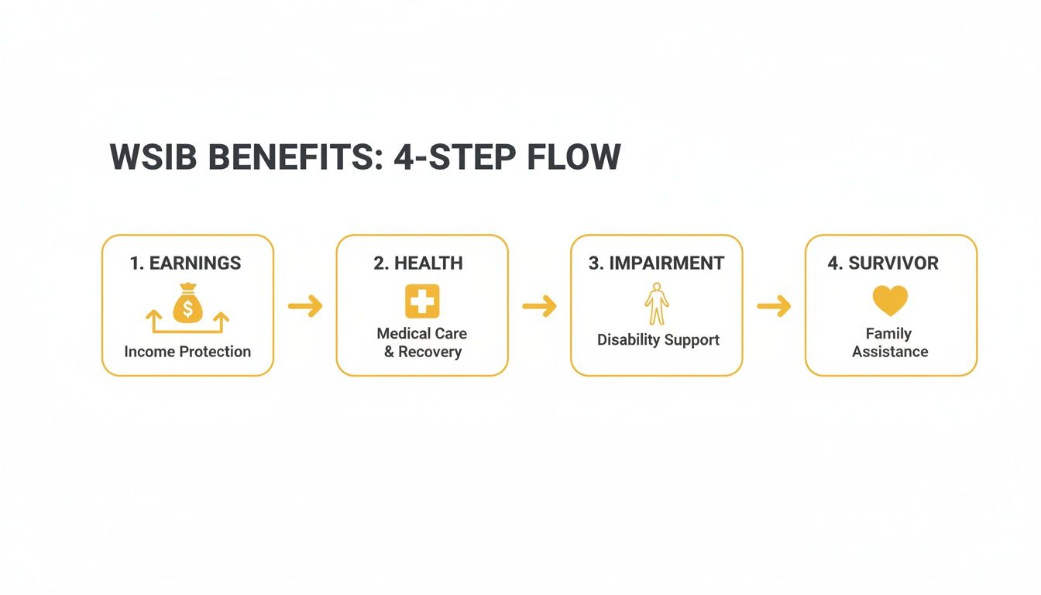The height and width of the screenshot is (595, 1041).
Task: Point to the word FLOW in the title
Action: click(x=573, y=158)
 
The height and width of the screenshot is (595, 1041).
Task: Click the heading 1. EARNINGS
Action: click(x=186, y=263)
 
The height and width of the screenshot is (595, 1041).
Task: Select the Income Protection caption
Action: click(x=187, y=352)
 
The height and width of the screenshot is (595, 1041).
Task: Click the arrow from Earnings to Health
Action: click(x=305, y=307)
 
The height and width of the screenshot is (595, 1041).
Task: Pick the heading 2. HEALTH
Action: click(x=418, y=263)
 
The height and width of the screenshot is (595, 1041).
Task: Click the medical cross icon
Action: click(x=422, y=301)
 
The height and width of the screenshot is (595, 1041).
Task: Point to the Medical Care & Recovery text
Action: click(x=422, y=342)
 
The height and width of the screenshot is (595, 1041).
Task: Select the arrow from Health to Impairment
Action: click(x=539, y=307)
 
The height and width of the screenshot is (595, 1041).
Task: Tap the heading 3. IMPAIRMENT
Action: click(x=656, y=263)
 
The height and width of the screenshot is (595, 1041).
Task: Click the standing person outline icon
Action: click(x=657, y=304)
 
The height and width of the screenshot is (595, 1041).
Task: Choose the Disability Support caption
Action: click(x=658, y=340)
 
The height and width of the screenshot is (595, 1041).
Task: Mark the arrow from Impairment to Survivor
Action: click(x=774, y=307)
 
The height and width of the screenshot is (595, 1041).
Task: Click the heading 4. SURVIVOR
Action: click(x=883, y=263)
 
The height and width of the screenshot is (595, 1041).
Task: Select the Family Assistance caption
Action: click(x=890, y=342)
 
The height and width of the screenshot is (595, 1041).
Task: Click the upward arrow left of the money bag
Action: click(x=153, y=317)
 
